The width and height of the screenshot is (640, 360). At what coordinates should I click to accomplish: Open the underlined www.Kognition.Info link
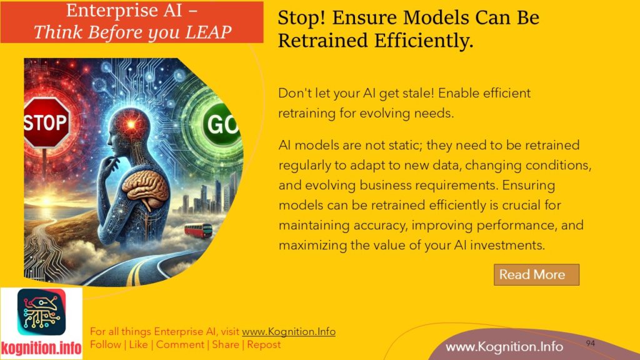coord(288,332)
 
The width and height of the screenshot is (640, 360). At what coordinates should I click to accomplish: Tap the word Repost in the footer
coord(264,344)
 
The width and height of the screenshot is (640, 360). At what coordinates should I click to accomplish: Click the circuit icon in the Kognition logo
coord(41,312)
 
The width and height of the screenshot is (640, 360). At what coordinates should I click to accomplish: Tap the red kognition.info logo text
coord(41,347)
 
